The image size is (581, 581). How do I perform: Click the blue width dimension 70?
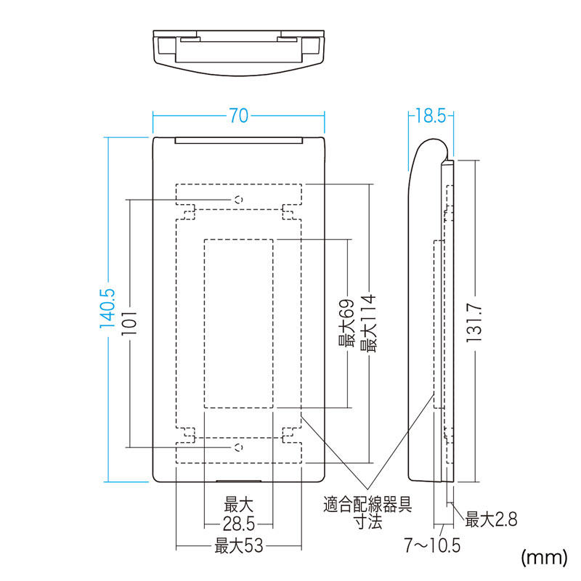(239, 115)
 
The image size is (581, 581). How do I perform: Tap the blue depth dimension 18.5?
(431, 115)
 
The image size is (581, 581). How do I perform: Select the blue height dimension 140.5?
(107, 308)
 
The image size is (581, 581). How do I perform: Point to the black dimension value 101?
(129, 322)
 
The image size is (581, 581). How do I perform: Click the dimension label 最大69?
(347, 323)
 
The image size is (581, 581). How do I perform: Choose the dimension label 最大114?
(368, 323)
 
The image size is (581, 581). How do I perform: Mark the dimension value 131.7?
(474, 322)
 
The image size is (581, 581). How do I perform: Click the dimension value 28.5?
(239, 524)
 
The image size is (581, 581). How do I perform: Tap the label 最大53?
(239, 546)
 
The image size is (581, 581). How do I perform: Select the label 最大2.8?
(492, 519)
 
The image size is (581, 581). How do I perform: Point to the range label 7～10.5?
(432, 545)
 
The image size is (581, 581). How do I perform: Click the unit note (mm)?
(544, 557)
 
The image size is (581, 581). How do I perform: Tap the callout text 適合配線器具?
(367, 504)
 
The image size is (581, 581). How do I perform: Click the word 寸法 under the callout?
(368, 521)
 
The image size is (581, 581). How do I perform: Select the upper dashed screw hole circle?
(239, 200)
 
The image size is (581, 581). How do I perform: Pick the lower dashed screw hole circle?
(239, 447)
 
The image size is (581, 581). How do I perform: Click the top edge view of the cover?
(239, 53)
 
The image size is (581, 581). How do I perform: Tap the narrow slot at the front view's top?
(239, 140)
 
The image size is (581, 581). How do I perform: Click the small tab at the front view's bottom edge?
(239, 482)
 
